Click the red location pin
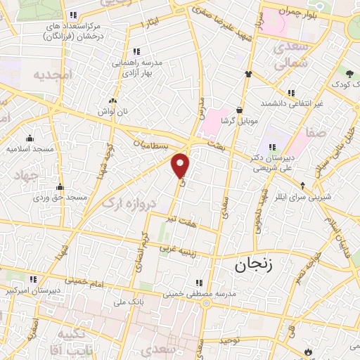181,164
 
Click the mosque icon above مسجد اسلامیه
30,139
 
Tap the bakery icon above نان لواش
113,101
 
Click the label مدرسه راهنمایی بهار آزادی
138,67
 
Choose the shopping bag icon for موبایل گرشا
240,110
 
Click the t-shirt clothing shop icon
248,73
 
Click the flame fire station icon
309,351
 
